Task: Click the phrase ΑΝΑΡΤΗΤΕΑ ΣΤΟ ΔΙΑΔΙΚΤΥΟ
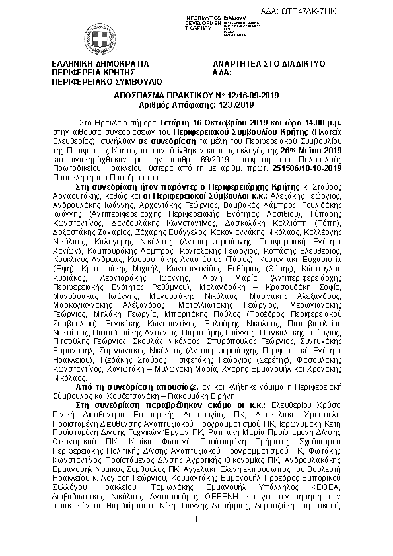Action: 269,64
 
